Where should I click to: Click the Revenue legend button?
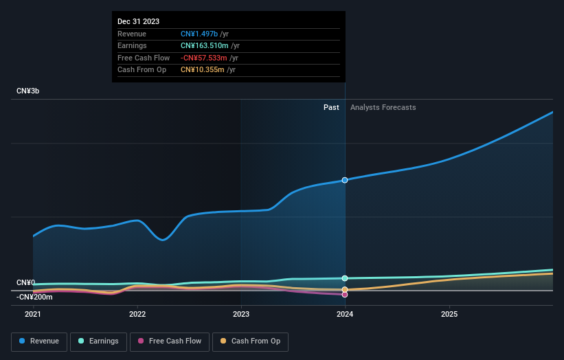point(39,341)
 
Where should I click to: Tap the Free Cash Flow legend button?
point(170,341)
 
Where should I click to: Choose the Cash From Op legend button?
point(250,341)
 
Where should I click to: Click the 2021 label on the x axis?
point(33,314)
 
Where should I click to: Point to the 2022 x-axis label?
point(137,314)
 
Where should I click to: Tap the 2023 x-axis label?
point(241,314)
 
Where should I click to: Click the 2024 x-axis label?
point(345,314)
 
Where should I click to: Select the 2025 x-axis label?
point(449,314)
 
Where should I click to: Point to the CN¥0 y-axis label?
point(25,283)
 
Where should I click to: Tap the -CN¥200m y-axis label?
point(34,297)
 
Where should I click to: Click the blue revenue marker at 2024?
point(345,180)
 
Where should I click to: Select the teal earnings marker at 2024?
point(345,278)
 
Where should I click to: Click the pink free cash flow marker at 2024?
point(345,295)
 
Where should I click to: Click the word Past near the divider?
point(331,107)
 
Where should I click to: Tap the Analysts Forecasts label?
point(383,107)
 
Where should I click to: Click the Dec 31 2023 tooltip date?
point(138,21)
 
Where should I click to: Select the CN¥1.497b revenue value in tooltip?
point(199,34)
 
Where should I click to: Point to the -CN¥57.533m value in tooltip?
point(205,58)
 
